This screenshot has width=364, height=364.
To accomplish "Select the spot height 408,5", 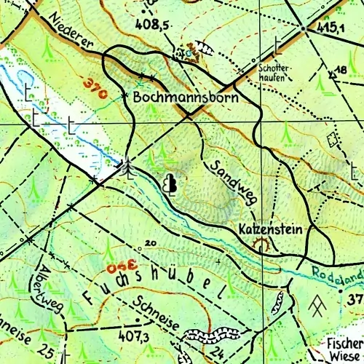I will [x=153, y=24].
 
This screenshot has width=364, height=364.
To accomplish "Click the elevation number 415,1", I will [x=330, y=28].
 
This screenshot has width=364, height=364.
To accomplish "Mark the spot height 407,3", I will [x=136, y=337].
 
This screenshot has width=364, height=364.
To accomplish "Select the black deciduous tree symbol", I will [x=171, y=183].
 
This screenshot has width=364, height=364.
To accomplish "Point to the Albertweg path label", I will [x=53, y=290].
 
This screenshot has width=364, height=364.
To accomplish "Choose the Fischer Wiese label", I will [x=344, y=348].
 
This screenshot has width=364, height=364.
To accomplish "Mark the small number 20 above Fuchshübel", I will [x=151, y=243].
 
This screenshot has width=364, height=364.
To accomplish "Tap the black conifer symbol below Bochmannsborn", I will [x=128, y=167].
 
